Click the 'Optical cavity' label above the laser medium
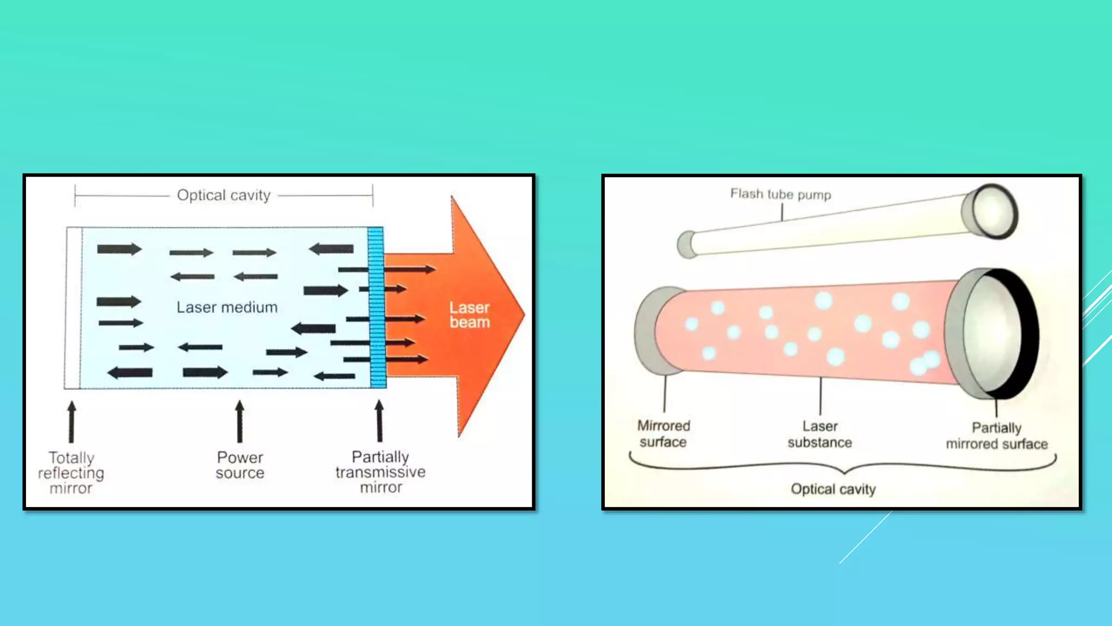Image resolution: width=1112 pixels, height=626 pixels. point(223,195)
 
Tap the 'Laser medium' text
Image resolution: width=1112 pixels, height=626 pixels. point(227,308)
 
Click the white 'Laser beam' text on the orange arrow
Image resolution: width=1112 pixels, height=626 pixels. point(470,315)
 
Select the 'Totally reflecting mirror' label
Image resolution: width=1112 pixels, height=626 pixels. point(71,473)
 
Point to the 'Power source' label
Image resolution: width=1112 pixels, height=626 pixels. point(240,465)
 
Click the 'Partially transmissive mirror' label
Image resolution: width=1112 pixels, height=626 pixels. point(380,472)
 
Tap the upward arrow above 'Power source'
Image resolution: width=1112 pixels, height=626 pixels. point(239,422)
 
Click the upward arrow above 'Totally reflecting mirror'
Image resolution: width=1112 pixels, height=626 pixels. point(71,422)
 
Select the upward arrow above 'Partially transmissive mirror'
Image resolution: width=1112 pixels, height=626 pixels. point(379,421)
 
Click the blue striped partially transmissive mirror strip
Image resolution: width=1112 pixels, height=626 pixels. point(377,308)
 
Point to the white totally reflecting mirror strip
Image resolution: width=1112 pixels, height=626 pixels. point(73,308)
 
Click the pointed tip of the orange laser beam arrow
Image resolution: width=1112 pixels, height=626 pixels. point(522,314)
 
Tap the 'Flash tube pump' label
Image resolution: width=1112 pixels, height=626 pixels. point(780,194)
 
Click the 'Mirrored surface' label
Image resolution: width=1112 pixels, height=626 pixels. point(664,434)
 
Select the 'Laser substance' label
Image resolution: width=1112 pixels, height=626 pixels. point(820,434)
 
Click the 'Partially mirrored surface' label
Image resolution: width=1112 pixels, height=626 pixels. point(997,436)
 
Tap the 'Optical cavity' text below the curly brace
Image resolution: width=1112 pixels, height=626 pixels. point(833,489)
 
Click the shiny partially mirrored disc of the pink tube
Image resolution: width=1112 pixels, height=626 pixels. point(991,334)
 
